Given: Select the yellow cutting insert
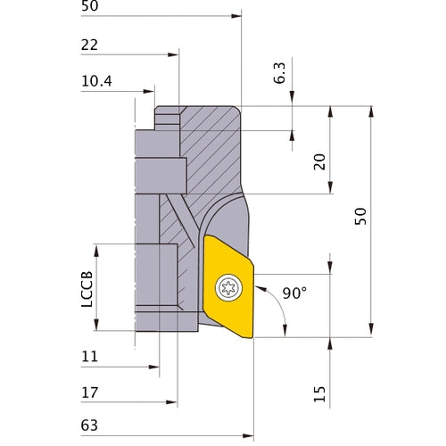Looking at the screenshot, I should pyautogui.click(x=228, y=285).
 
